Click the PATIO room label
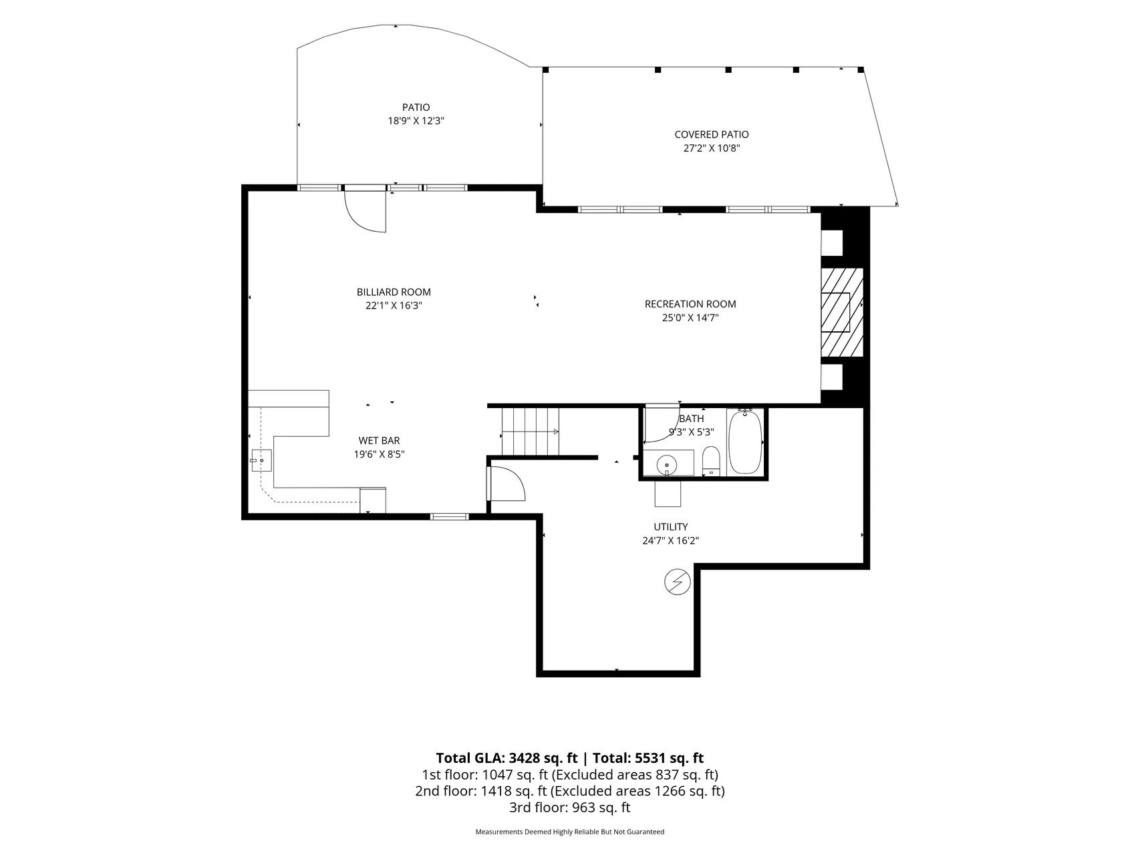point(416,108)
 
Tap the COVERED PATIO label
point(712,135)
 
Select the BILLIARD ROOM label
point(394,292)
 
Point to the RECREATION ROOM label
point(690,304)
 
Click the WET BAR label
point(379,441)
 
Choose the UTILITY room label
point(671,527)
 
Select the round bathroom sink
point(667,464)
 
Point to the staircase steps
point(530,432)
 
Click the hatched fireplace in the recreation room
point(841,312)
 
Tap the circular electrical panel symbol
point(677,582)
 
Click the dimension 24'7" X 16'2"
point(671,541)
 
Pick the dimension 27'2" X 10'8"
point(712,148)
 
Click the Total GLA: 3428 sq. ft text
point(507,758)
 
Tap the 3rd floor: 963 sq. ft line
point(569,808)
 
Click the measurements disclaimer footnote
point(569,832)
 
